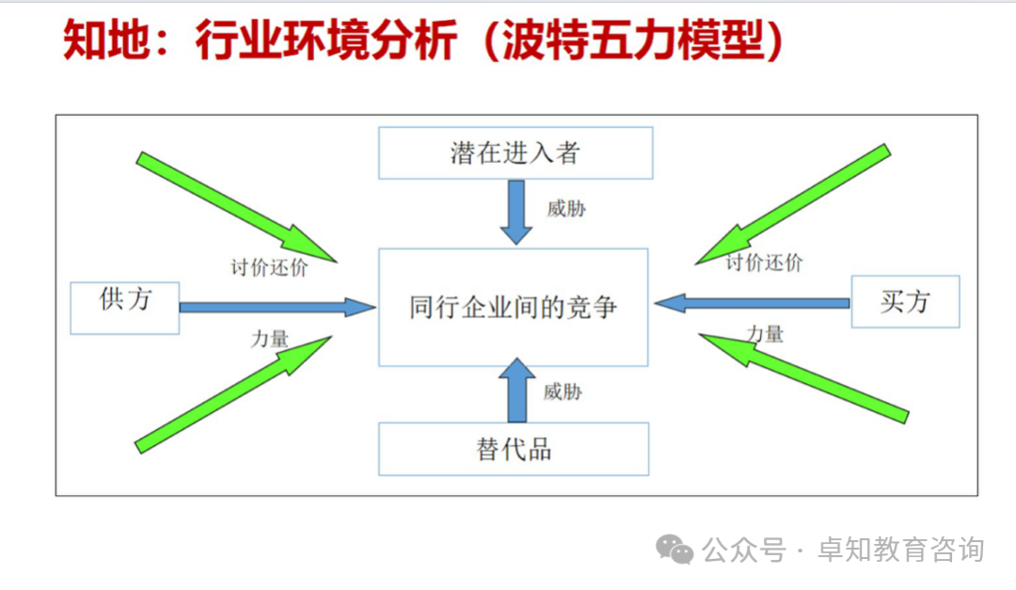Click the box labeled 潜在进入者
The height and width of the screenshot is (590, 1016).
coord(515,152)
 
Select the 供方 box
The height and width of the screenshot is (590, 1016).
coord(125,307)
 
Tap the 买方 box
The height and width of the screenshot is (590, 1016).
coord(905,301)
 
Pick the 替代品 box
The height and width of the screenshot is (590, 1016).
coord(514,449)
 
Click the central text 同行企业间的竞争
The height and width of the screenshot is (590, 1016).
coord(514,307)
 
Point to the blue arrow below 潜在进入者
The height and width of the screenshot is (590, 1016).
coord(516,211)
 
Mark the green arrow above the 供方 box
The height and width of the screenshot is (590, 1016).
coord(236,207)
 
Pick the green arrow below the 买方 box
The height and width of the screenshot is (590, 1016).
coord(803,375)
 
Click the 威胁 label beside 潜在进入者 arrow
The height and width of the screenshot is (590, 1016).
coord(566,209)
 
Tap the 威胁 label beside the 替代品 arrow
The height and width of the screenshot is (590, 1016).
coord(563,391)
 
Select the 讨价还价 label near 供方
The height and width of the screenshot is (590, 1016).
coord(269,267)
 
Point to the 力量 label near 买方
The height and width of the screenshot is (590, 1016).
coord(765,334)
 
